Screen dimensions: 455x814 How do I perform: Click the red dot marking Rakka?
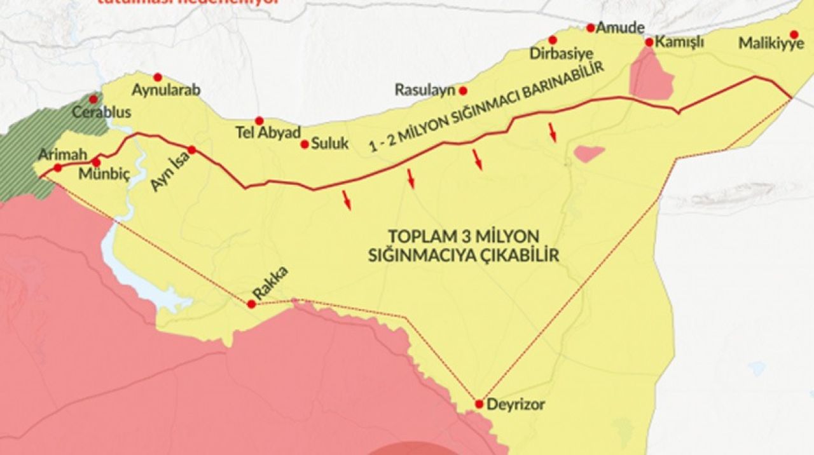point(251,304)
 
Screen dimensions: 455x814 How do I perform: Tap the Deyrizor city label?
point(515,404)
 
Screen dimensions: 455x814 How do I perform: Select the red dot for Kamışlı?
point(649,42)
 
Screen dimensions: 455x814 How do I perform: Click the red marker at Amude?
point(590,27)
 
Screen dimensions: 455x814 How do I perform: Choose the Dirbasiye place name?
point(552,54)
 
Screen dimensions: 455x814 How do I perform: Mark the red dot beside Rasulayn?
point(463,90)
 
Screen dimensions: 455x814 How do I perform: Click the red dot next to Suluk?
point(305,144)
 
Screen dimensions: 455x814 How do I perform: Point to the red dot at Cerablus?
point(93,99)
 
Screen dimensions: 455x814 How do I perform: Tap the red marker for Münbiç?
point(96,161)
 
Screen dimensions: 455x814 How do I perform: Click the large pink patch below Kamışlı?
point(650,75)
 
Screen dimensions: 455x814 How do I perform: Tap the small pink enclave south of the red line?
point(588,153)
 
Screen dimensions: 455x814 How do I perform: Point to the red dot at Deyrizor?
point(479,404)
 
